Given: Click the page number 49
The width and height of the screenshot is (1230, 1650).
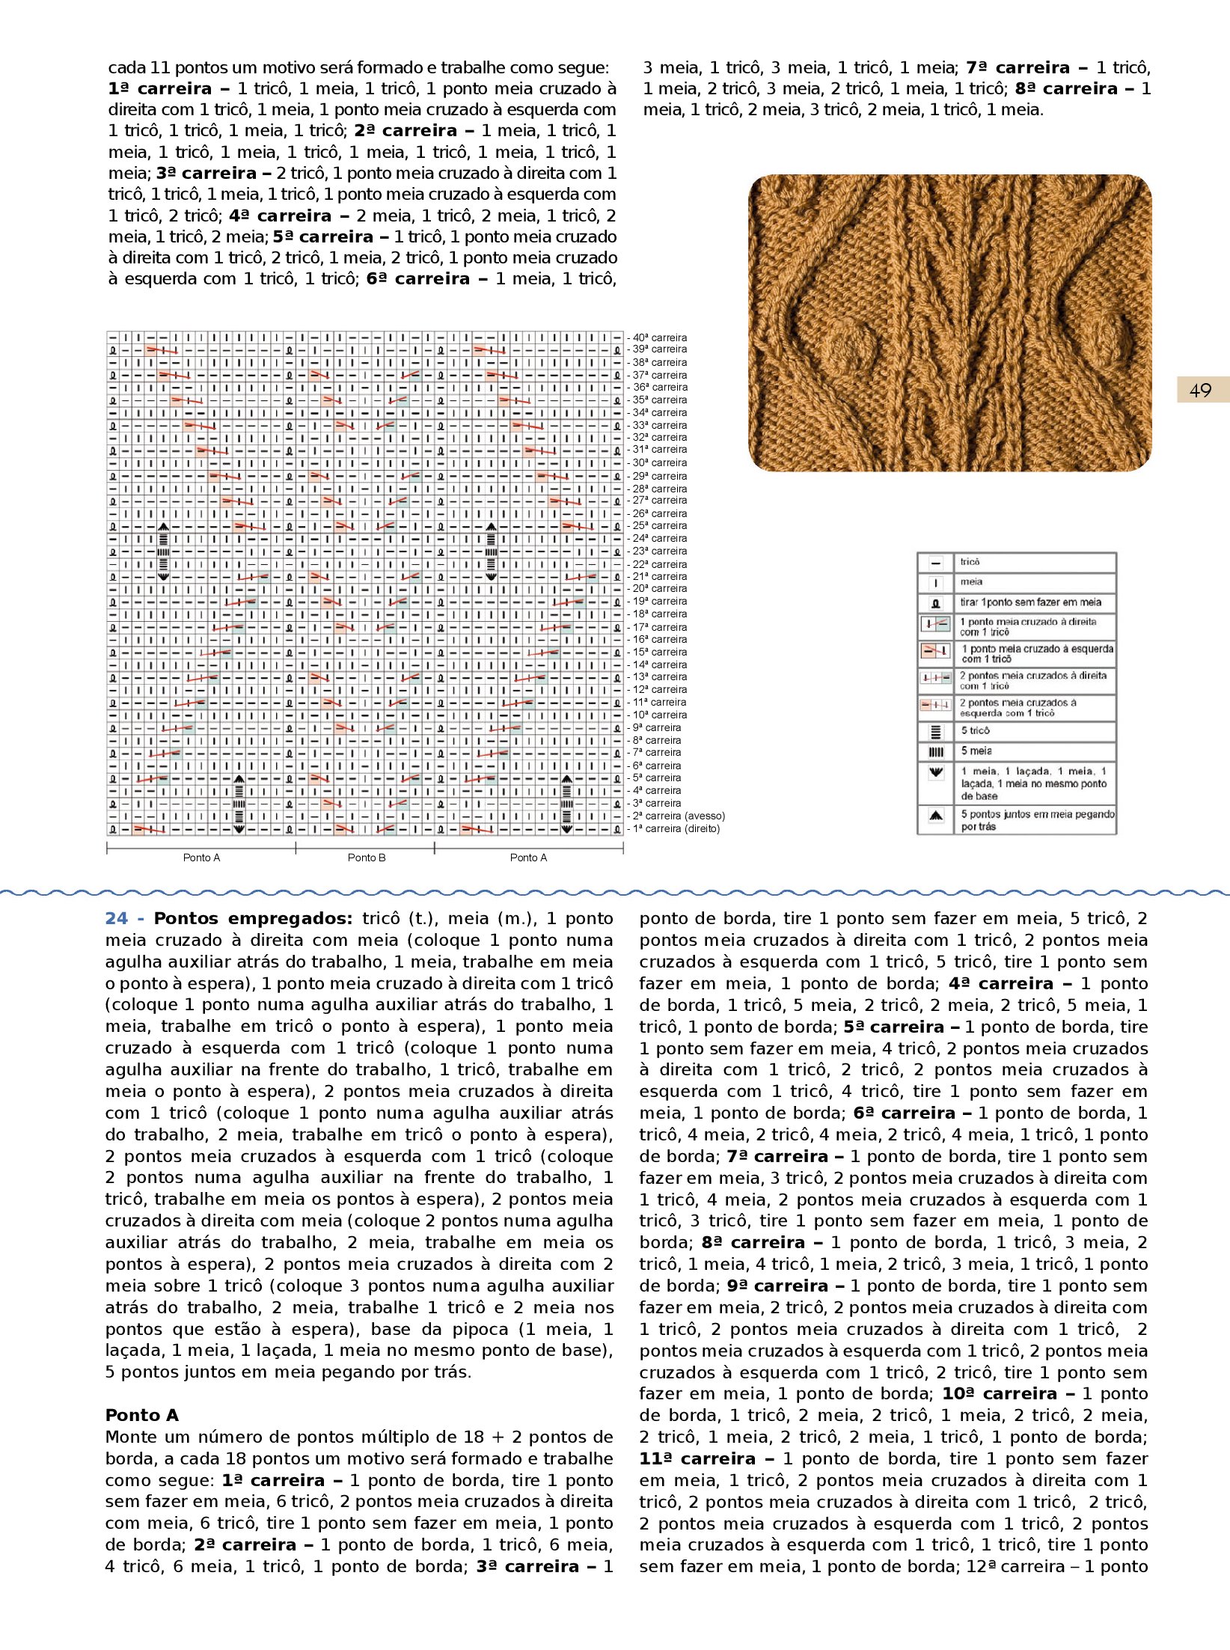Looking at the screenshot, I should point(1200,390).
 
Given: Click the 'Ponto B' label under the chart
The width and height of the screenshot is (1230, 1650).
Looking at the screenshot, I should point(367,858).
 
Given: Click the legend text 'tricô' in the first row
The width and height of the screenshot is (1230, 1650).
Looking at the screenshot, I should point(970,561).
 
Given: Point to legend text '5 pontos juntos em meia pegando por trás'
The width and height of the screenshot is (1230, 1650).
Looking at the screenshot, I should point(1037,820).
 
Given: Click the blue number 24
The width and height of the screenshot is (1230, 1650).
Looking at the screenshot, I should point(117,918).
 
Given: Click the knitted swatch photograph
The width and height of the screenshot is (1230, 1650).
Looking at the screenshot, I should point(949,323).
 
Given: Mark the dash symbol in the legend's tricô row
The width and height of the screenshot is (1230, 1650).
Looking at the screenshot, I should point(936,563).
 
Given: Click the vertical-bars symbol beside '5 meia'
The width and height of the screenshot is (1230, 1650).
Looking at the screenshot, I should point(936,751).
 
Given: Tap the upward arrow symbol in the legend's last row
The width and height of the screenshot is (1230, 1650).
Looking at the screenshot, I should point(936,816).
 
